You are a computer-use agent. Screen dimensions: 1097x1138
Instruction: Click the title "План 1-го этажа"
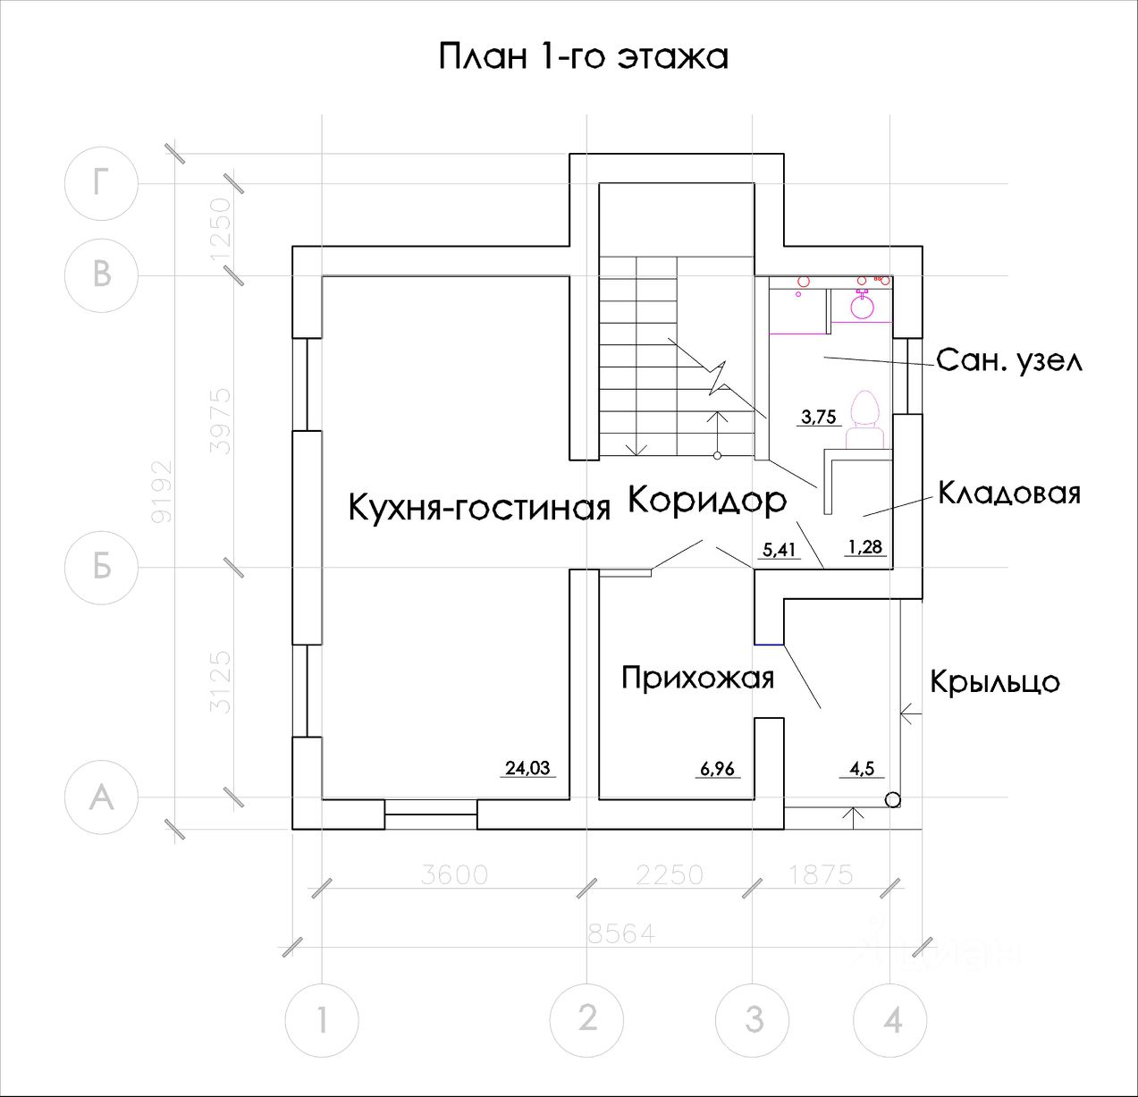click(583, 56)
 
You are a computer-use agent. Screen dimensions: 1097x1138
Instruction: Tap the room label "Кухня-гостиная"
click(478, 508)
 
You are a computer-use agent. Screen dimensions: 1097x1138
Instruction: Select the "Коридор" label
click(706, 500)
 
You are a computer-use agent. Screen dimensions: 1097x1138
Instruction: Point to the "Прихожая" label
click(697, 678)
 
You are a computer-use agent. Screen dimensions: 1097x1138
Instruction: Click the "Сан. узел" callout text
click(1009, 360)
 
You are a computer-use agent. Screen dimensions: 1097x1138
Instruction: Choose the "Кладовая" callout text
click(1009, 493)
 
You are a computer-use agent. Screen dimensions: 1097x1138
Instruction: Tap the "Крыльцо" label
click(995, 681)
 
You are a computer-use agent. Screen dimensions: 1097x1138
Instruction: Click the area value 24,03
click(527, 767)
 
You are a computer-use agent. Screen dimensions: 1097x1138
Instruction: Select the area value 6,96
click(717, 768)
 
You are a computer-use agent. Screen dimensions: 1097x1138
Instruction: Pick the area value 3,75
click(818, 416)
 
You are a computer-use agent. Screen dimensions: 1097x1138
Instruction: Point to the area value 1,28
click(865, 546)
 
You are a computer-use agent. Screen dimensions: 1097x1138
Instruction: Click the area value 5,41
click(778, 551)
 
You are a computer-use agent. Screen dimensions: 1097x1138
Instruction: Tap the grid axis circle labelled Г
click(102, 183)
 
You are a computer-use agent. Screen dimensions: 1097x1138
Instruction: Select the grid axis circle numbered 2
click(586, 1018)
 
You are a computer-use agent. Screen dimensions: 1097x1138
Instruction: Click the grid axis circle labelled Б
click(102, 567)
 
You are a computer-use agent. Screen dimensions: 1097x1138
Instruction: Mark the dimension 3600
click(454, 874)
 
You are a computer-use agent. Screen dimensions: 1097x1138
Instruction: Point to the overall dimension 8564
click(621, 934)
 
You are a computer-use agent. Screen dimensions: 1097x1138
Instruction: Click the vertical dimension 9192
click(162, 492)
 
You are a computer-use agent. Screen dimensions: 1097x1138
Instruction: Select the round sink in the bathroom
click(862, 306)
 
